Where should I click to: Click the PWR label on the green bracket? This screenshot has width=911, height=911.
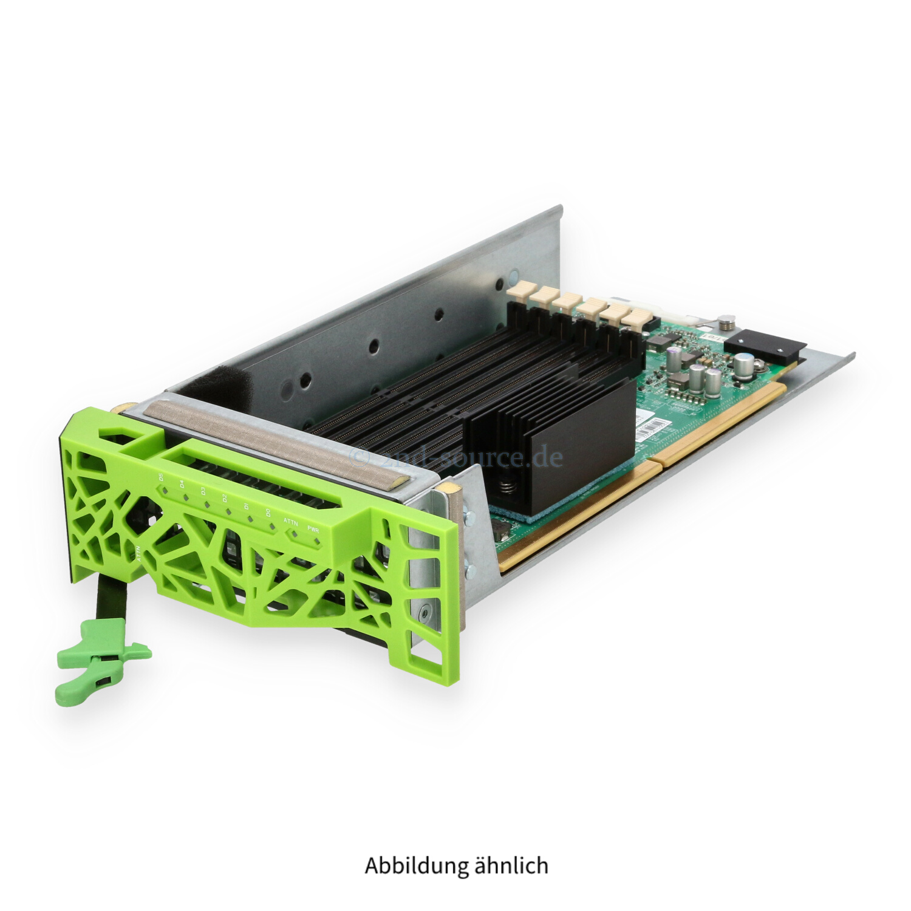(313, 529)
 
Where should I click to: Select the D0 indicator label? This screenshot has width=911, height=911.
(268, 513)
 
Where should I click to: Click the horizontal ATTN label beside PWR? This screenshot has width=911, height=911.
(291, 521)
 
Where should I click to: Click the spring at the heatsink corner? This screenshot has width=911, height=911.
(506, 486)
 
